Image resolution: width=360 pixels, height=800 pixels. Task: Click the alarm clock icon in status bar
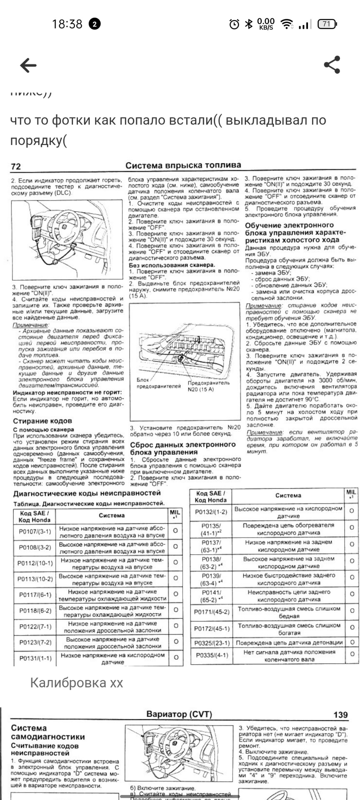tap(234, 24)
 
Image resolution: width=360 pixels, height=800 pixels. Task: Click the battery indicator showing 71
tap(327, 24)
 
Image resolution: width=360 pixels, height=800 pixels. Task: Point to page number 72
tap(16, 166)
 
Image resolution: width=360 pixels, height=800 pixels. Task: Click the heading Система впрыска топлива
tap(183, 165)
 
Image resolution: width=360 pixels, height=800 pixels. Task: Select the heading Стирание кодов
tap(42, 421)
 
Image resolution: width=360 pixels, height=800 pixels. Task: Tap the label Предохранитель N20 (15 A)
tap(208, 386)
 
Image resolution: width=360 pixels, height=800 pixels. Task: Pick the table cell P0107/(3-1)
tap(35, 531)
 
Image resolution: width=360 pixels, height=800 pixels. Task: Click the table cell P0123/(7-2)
tap(35, 642)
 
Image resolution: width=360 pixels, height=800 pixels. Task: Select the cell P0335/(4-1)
tap(211, 655)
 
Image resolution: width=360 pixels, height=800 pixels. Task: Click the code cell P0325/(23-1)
tap(211, 643)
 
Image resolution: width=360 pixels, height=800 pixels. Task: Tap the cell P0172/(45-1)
tap(211, 628)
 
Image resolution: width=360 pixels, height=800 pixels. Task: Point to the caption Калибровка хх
tap(76, 683)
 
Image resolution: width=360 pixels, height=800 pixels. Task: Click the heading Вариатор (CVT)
tap(179, 714)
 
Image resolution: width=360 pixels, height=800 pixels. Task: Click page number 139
tap(340, 715)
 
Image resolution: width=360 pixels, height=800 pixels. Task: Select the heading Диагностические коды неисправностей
tap(87, 493)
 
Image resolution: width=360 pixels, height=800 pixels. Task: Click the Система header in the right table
tap(288, 495)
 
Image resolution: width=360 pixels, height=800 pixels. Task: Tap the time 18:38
tap(67, 24)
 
